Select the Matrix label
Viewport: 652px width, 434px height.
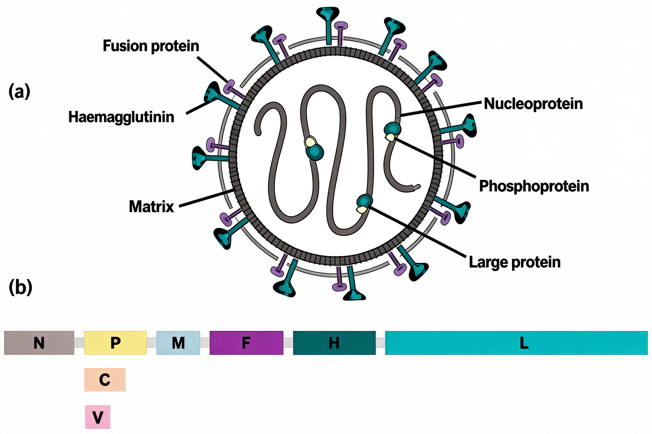[151, 206]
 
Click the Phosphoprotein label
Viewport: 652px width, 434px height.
[534, 186]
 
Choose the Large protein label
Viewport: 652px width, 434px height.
[514, 262]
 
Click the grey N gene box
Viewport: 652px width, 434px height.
[39, 343]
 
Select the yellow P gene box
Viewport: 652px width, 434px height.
[115, 343]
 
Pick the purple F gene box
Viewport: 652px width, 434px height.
[246, 343]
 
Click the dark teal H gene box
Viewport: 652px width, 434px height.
[334, 343]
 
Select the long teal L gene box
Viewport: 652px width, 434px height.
[516, 343]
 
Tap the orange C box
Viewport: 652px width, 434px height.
[105, 379]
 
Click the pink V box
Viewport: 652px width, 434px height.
[98, 417]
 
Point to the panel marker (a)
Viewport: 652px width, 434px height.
[19, 91]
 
